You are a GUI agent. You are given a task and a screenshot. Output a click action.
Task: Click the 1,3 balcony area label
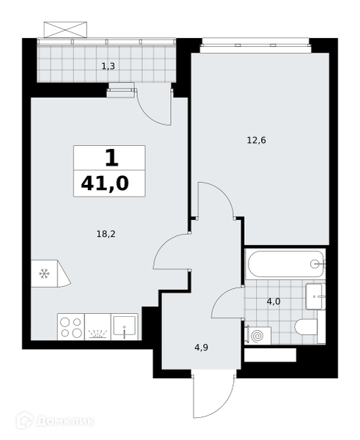(109, 67)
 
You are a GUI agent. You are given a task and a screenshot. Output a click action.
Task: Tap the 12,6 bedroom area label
(256, 140)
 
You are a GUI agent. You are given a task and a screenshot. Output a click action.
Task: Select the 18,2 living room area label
(106, 234)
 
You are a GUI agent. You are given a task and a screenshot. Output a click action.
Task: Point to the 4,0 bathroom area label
(273, 301)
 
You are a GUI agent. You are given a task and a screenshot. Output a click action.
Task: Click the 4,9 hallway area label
(201, 348)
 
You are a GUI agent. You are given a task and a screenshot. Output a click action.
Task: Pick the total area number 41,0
(105, 183)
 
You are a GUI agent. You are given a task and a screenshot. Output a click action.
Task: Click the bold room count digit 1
(111, 158)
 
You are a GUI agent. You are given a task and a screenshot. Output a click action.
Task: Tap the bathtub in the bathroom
(286, 264)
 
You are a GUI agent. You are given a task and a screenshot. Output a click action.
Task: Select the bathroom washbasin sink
(315, 296)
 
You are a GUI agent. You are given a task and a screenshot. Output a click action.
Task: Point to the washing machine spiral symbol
(257, 336)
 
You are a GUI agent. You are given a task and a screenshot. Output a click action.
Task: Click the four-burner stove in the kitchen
(71, 327)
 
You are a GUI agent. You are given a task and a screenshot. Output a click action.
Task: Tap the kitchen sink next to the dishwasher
(125, 327)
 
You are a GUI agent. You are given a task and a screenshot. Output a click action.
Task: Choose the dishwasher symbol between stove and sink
(98, 327)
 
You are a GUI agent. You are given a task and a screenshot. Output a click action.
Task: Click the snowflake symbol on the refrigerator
(44, 274)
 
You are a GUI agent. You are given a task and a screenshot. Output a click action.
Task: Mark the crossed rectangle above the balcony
(65, 29)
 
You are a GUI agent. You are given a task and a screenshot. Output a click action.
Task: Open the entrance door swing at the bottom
(213, 397)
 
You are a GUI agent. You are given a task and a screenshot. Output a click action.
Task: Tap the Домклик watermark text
(65, 422)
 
